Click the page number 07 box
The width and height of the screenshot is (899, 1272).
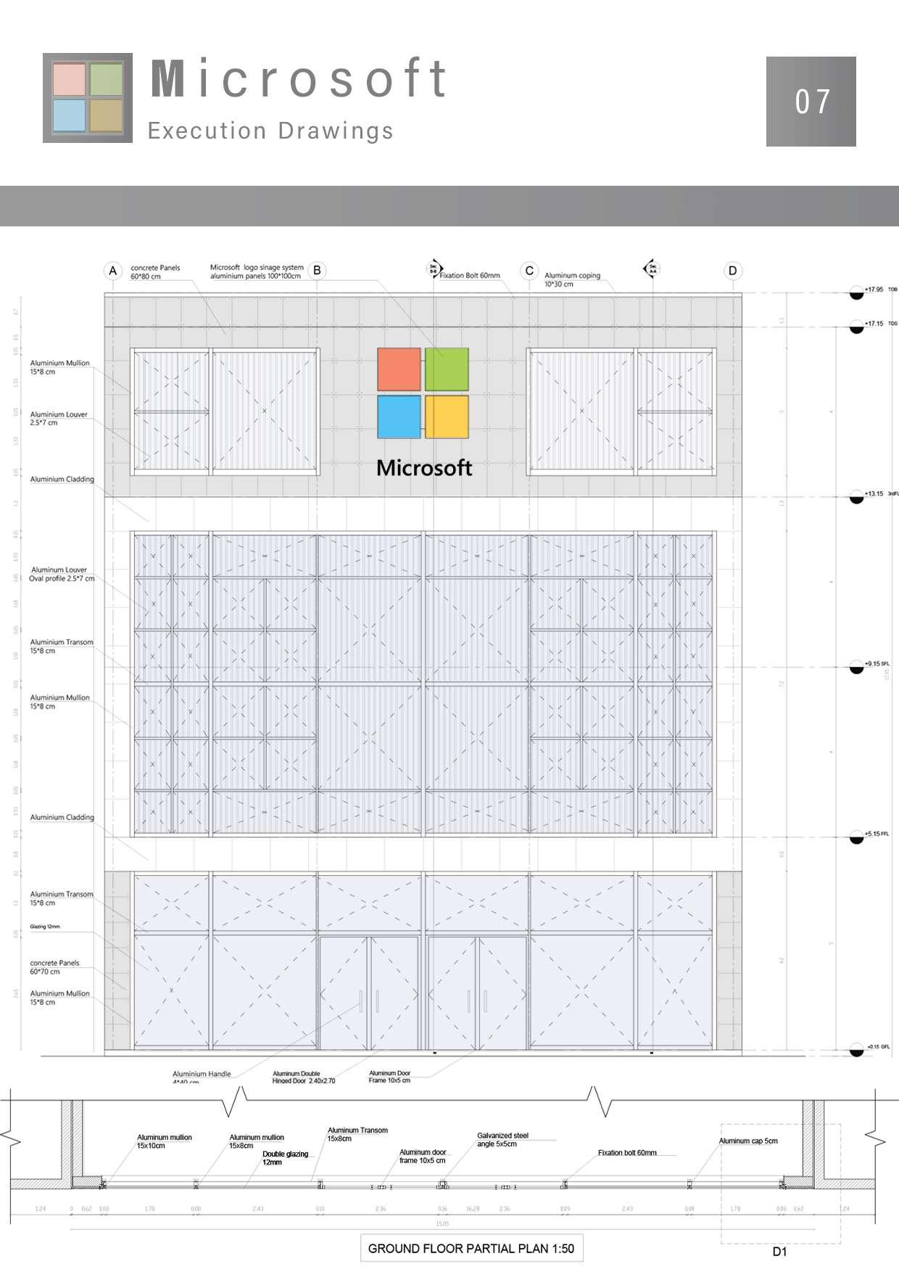811,102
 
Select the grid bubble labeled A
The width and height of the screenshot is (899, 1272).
112,271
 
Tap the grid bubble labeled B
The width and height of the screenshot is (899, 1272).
317,271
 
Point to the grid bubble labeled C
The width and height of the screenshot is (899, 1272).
529,271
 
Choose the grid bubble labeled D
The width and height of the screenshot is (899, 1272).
732,271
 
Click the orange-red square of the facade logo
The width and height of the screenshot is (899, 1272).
399,369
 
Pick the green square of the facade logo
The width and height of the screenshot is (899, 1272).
447,369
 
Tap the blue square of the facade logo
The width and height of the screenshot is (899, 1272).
399,417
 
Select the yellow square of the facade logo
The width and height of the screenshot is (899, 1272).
447,417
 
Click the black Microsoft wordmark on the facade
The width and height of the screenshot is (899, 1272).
424,468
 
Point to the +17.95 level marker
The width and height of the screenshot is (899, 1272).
857,293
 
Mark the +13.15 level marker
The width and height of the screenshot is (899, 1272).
857,497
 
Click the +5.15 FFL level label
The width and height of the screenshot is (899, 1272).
876,834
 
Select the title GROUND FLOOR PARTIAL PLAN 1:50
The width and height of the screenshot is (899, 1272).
471,1248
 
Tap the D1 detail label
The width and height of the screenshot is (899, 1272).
779,1252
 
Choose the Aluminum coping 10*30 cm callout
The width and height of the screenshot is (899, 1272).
572,279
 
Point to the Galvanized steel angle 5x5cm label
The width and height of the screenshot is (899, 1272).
502,1139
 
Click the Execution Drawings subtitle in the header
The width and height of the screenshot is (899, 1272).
270,131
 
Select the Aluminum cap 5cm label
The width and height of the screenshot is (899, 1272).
748,1141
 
